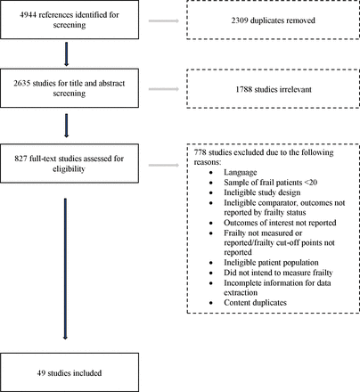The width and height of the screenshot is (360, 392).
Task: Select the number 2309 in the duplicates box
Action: click(240, 20)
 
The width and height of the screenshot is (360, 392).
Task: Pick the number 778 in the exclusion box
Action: click(200, 152)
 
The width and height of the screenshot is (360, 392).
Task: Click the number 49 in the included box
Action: click(41, 373)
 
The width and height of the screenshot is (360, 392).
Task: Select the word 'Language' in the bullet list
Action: click(241, 173)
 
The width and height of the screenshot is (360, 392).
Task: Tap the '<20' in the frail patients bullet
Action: click(311, 183)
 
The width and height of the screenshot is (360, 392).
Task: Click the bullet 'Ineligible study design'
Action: click(262, 192)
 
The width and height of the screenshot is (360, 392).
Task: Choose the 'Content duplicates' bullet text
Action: click(255, 303)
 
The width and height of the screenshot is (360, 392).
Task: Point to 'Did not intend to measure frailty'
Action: click(278, 273)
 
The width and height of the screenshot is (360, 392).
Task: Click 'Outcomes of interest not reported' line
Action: click(280, 223)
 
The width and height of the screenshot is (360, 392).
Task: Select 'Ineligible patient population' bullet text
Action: click(271, 263)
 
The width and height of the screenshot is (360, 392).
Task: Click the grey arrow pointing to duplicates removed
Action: click(164, 20)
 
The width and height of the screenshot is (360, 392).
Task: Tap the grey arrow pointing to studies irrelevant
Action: click(164, 89)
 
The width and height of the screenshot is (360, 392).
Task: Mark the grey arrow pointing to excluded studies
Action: click(164, 165)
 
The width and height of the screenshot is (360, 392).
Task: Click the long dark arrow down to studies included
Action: click(65, 269)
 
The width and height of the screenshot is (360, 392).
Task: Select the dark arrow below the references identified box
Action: click(66, 54)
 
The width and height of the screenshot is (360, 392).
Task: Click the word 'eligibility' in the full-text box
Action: click(69, 169)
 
